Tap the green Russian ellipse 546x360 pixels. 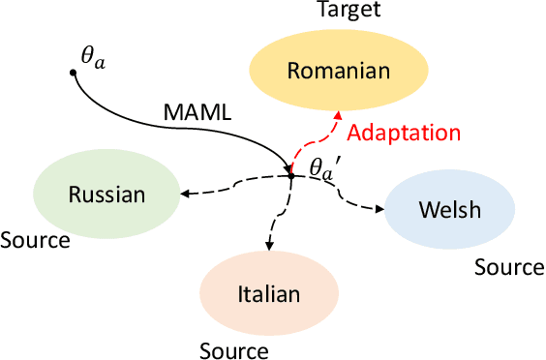click(106, 195)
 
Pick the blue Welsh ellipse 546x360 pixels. click(443, 210)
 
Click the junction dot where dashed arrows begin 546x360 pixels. click(290, 175)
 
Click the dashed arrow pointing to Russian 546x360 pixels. click(232, 182)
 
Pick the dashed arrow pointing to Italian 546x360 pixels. click(279, 218)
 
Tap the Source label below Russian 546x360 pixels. click(35, 239)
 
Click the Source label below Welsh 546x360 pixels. click(509, 267)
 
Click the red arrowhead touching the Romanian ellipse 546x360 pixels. click(336, 115)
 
